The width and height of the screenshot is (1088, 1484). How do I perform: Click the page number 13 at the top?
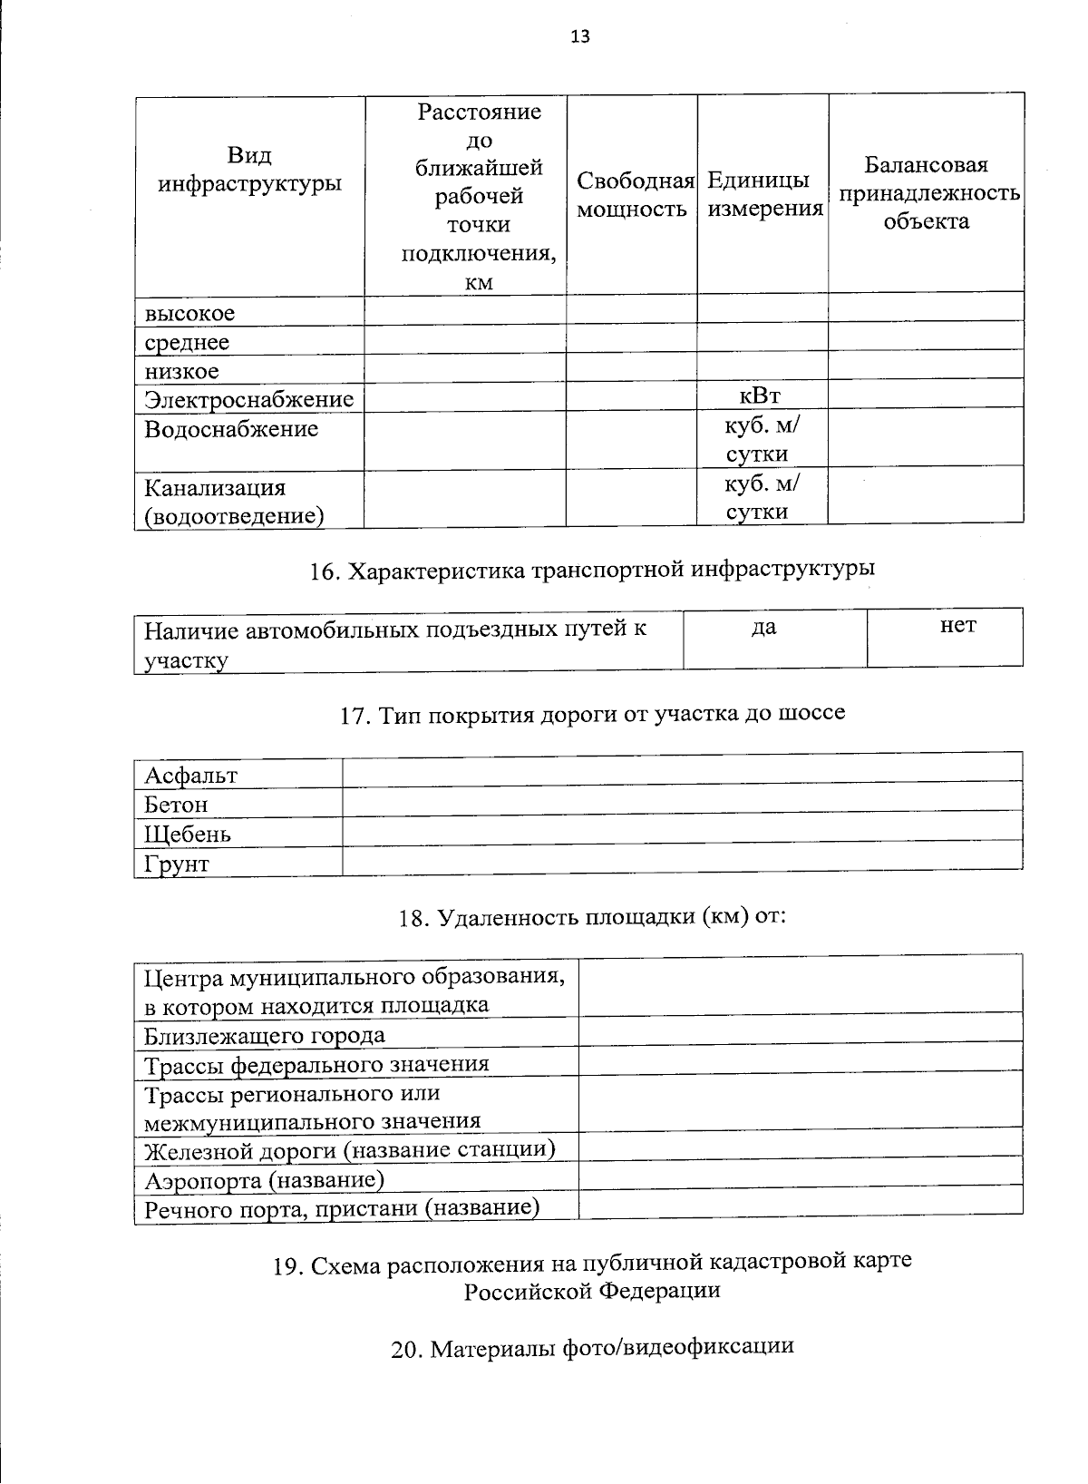580,37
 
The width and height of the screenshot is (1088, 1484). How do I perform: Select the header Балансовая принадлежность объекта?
926,193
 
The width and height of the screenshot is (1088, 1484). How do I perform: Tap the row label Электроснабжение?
248,400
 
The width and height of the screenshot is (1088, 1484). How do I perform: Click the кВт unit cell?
761,395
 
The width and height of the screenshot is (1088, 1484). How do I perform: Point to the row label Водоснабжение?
231,429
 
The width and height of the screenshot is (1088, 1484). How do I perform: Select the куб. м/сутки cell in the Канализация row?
762,497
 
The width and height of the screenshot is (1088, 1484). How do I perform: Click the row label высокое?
189,314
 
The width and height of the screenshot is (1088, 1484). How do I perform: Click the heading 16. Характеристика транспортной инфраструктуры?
592,570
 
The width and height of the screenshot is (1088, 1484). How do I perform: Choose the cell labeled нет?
958,626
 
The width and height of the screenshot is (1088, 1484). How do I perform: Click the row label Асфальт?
191,776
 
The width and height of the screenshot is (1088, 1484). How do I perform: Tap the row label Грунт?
177,864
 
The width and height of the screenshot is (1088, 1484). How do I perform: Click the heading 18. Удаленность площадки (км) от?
592,917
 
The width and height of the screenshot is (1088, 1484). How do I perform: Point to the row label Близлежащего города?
265,1036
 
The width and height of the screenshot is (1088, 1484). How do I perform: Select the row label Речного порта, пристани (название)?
342,1208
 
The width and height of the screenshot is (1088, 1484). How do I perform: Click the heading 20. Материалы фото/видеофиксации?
592,1348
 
